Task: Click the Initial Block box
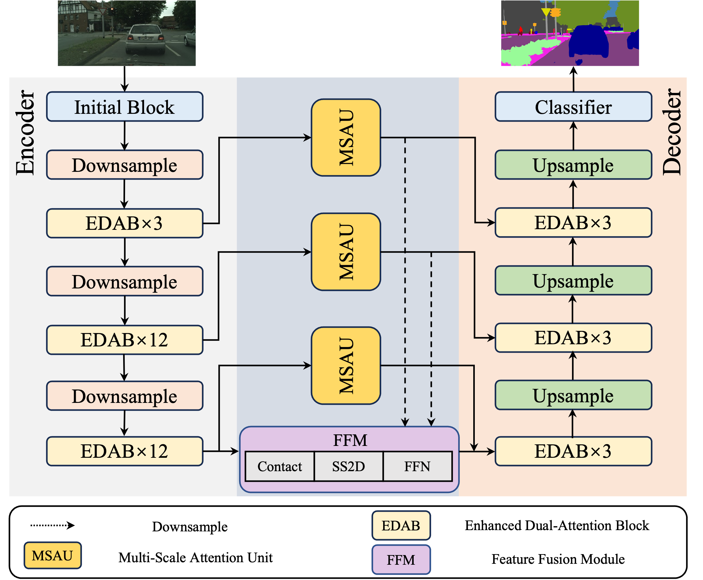click(x=125, y=107)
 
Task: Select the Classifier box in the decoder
click(x=573, y=107)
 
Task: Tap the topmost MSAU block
click(x=346, y=137)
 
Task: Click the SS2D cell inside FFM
click(x=348, y=466)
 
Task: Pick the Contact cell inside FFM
click(x=280, y=466)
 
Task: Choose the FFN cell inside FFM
click(x=417, y=466)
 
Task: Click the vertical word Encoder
click(x=25, y=132)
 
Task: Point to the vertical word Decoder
click(x=671, y=132)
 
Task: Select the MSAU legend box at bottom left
click(x=52, y=555)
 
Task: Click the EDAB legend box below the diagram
click(x=401, y=525)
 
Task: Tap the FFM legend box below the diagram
click(x=401, y=560)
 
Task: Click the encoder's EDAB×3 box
click(x=125, y=223)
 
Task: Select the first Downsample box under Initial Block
click(x=125, y=165)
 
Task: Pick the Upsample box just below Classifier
click(x=573, y=165)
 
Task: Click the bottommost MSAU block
click(x=346, y=365)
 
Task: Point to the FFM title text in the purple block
click(x=350, y=440)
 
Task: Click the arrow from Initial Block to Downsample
click(x=125, y=136)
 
